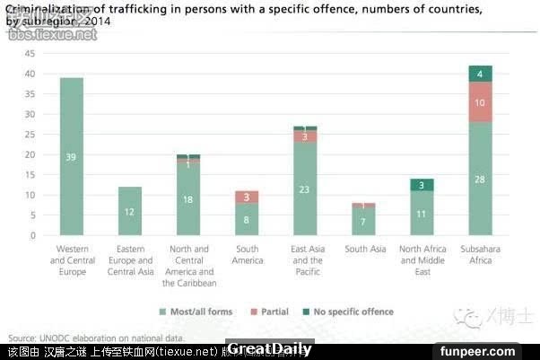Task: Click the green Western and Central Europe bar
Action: [71, 156]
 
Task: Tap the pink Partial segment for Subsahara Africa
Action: [480, 102]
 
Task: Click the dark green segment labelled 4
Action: [480, 74]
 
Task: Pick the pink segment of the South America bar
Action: [247, 197]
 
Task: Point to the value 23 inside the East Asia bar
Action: [305, 189]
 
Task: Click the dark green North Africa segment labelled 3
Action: [422, 185]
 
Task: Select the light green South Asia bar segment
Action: [363, 222]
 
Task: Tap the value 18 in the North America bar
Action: [188, 199]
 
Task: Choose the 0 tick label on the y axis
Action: [31, 235]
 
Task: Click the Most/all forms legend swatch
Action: [163, 312]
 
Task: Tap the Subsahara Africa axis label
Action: [480, 254]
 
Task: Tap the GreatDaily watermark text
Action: [269, 349]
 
